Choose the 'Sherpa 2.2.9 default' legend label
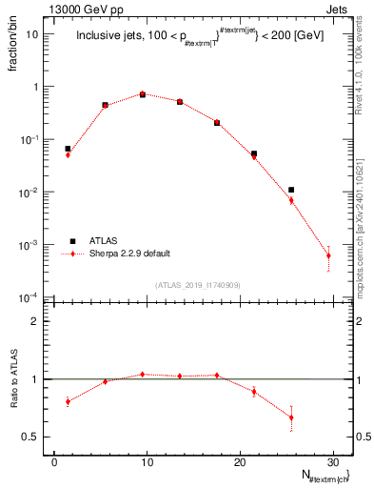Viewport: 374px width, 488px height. click(x=127, y=254)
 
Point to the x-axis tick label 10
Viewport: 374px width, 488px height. click(x=147, y=461)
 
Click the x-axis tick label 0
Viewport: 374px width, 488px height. click(x=54, y=461)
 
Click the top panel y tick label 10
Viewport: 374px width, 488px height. click(x=31, y=34)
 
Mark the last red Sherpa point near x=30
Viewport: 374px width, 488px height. click(x=328, y=255)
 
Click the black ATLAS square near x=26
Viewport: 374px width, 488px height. click(x=291, y=190)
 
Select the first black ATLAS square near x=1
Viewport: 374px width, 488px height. click(x=68, y=149)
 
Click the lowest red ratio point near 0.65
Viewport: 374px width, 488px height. click(x=291, y=417)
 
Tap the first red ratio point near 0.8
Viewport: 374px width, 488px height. click(x=68, y=401)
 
